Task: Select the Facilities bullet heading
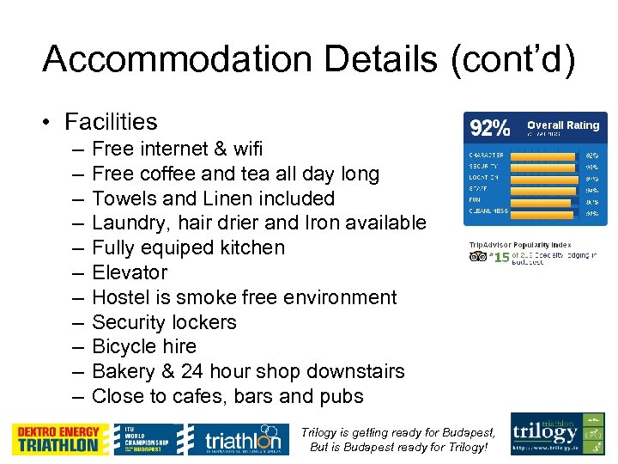(x=111, y=122)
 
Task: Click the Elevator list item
(x=129, y=272)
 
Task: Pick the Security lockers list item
(x=164, y=322)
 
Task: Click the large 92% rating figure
(x=489, y=128)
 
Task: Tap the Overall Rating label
(x=563, y=125)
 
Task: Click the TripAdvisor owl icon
(x=477, y=256)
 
